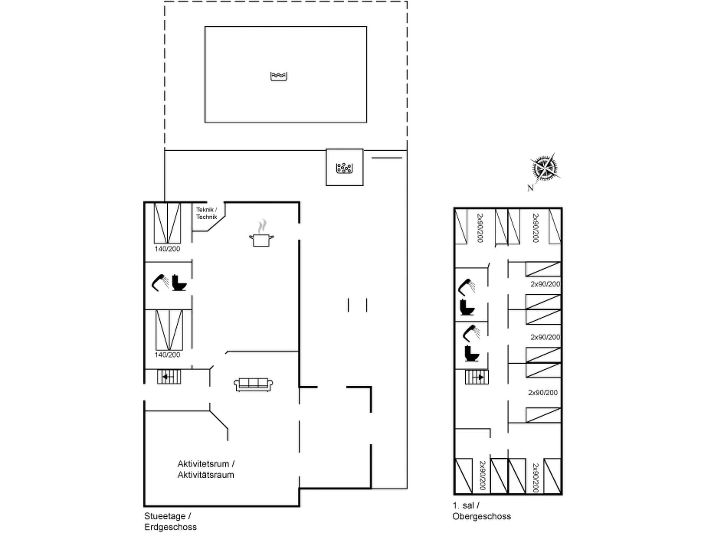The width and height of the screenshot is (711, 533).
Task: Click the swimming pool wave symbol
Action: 279,76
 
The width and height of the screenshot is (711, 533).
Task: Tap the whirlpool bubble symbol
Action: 344,168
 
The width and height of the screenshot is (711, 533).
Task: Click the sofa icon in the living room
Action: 253,384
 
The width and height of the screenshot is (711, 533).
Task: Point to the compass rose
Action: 545,168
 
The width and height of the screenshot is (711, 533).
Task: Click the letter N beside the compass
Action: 530,188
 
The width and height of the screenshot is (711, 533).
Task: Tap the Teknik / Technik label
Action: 207,213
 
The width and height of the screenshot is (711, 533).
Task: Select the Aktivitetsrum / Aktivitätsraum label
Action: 206,469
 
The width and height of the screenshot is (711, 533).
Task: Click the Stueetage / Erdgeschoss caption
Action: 170,522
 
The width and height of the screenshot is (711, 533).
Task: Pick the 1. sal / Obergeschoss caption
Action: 482,511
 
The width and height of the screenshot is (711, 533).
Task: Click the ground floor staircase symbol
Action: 169,377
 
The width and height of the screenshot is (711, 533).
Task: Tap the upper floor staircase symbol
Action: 477,377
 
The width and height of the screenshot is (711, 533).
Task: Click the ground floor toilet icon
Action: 179,282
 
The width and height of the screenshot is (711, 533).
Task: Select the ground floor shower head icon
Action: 160,282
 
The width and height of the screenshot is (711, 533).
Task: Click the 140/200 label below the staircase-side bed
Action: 167,355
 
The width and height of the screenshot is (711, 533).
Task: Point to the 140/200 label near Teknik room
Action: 167,249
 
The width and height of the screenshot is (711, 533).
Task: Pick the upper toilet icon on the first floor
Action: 467,307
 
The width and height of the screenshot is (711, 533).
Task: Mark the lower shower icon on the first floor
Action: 471,333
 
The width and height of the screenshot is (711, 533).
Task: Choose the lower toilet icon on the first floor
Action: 472,354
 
